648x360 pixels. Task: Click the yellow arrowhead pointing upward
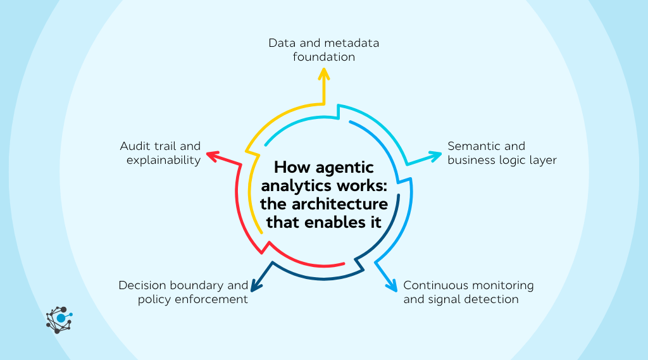(x=324, y=75)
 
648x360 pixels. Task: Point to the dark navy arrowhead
(x=257, y=285)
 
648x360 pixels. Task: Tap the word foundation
(x=324, y=57)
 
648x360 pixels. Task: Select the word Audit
(x=135, y=146)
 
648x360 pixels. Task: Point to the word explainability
(x=163, y=160)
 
